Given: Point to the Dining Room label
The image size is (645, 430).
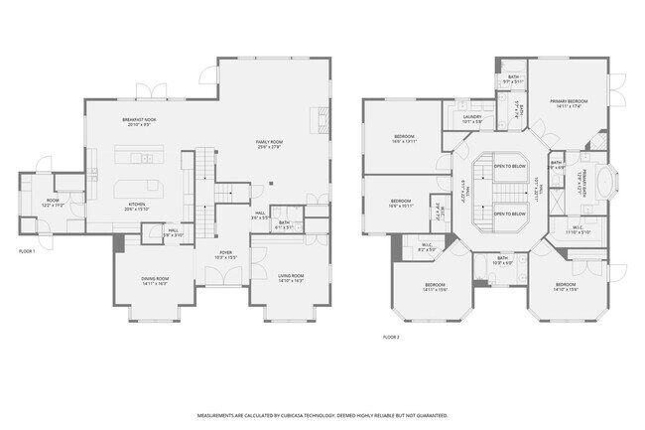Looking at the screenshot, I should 155,279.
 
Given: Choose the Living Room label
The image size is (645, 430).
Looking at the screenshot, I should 290,276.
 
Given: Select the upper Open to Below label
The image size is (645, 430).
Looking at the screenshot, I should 509,166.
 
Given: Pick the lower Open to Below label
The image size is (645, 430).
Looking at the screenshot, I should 509,214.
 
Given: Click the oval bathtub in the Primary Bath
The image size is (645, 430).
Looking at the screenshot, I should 607,183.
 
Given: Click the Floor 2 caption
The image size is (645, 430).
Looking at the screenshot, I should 391,337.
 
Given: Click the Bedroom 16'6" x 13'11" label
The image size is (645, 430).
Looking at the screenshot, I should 404,138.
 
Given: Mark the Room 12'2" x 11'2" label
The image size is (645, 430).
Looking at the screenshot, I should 52,203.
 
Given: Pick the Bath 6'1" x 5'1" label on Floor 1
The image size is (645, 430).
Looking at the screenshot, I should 284,223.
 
